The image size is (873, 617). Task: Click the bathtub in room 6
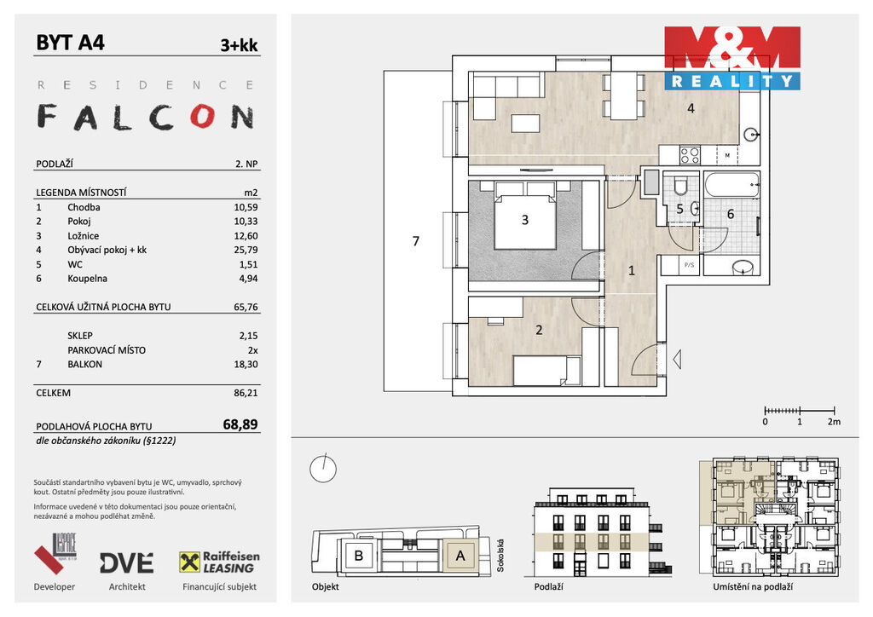pos(731,185)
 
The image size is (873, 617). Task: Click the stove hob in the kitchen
pos(690,154)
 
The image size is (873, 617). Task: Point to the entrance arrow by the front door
pos(677,359)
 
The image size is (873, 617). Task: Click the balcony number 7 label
pos(415,241)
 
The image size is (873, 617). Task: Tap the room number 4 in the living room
pos(691,108)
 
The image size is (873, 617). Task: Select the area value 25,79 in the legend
pos(246,250)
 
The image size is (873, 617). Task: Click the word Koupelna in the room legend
pos(88,279)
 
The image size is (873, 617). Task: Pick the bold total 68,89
pos(240,424)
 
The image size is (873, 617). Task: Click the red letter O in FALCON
pos(203,116)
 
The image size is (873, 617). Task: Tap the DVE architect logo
pos(127,563)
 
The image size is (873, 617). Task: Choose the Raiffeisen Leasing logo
pos(219,562)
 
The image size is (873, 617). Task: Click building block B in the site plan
pos(359,556)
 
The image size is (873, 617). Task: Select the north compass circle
pos(323,469)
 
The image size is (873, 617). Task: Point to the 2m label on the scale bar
pos(834,422)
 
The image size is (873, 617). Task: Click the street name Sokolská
pos(500,556)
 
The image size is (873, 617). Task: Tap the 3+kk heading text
pos(239,45)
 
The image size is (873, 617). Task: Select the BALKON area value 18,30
pos(246,365)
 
